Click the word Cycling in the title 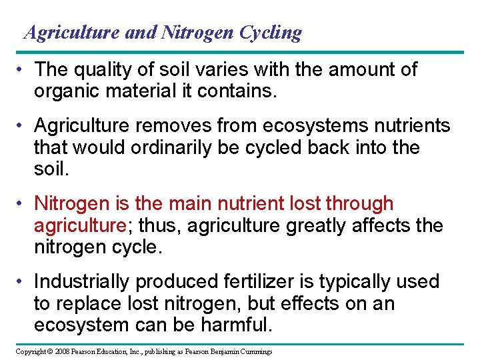click(269, 32)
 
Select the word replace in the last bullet click(94, 303)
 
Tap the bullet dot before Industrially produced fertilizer click(23, 281)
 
